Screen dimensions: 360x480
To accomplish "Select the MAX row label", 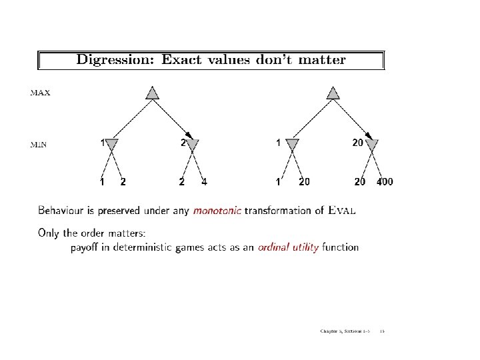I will pos(40,93).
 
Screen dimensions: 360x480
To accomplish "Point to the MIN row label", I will pos(39,145).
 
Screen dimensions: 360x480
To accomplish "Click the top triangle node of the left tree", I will pos(152,93).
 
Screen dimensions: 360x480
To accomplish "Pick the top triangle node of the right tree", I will pos(332,93).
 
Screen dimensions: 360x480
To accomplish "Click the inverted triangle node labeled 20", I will pos(371,144).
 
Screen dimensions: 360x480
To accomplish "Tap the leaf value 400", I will pos(385,181).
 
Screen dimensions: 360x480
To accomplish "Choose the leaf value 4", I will pos(204,181).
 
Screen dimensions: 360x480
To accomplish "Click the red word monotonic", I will pos(217,211).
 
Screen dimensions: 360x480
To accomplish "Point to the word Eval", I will pos(343,211).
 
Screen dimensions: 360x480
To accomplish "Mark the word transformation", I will pos(278,211).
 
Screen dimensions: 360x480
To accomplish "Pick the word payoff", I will pos(87,248).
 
